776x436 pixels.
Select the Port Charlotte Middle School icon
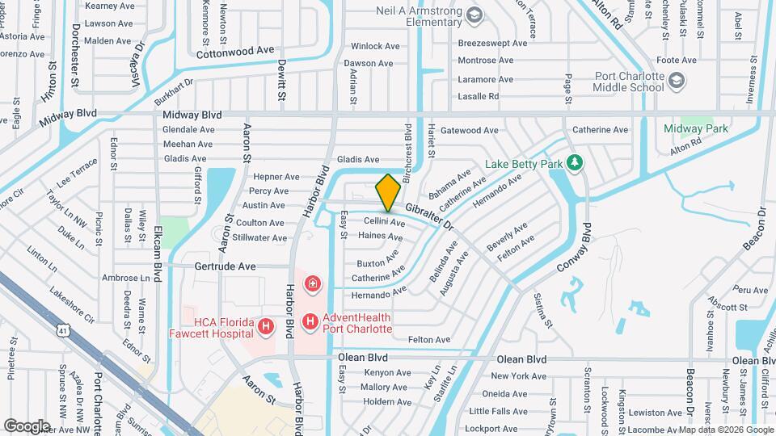676,81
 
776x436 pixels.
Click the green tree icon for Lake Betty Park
575,164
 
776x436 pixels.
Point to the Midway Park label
696,128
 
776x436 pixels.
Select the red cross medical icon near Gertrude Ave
311,284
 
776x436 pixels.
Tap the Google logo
27,426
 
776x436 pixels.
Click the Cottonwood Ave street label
236,50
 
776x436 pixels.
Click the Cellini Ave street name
384,221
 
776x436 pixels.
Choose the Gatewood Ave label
469,130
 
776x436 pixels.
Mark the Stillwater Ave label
259,238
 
